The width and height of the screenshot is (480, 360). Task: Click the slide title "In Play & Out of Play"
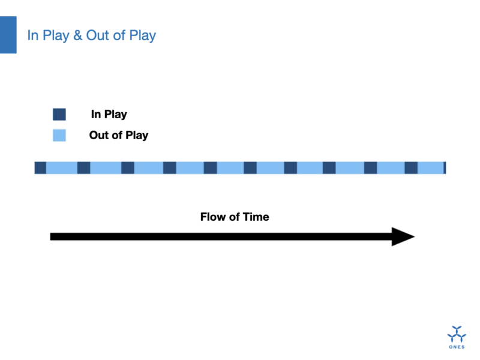click(92, 35)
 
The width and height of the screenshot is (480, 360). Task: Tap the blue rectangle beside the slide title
click(8, 35)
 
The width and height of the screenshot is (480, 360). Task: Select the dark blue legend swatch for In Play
click(59, 114)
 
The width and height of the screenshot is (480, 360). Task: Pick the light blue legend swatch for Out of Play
click(59, 136)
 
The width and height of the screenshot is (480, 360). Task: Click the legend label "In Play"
click(109, 115)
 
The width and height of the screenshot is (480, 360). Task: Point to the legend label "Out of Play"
click(119, 136)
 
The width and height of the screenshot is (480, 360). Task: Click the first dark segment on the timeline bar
click(40, 168)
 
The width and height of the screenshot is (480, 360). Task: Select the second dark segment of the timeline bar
click(83, 168)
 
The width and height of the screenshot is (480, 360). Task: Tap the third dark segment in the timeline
click(128, 168)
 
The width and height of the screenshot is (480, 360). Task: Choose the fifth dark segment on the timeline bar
click(211, 168)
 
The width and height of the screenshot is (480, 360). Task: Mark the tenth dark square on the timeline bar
click(411, 168)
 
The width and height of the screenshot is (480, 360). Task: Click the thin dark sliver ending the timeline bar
click(445, 168)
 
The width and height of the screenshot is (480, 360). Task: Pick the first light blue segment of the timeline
click(62, 168)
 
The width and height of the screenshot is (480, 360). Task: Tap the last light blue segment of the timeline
click(431, 168)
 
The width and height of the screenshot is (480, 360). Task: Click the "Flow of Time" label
click(235, 217)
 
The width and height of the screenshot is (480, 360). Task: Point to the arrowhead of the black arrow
click(414, 236)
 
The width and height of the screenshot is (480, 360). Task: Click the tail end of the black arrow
click(51, 236)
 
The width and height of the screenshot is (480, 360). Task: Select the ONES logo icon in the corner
click(457, 334)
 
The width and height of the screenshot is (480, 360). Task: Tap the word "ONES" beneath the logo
click(457, 347)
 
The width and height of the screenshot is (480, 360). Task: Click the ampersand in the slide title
click(78, 35)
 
